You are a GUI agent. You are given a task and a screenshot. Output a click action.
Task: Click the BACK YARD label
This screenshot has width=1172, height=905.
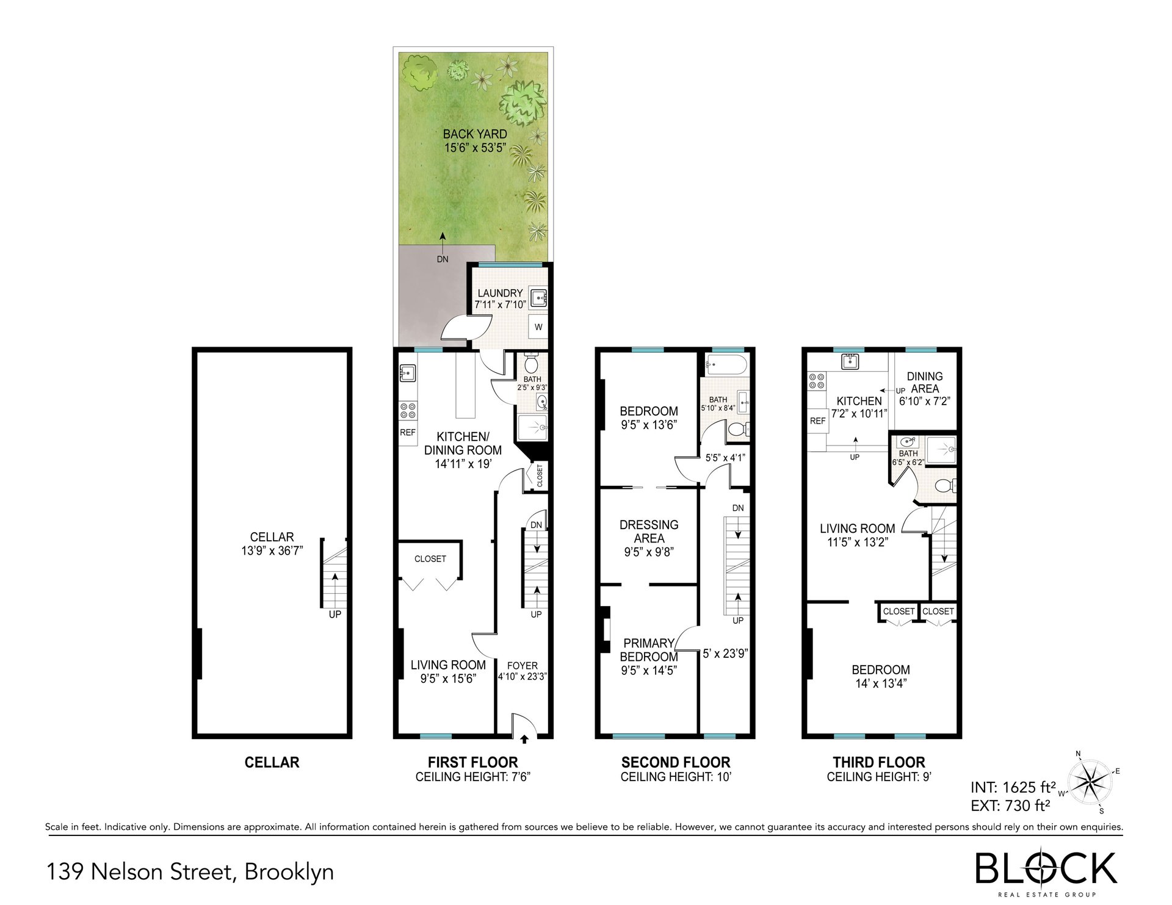(475, 134)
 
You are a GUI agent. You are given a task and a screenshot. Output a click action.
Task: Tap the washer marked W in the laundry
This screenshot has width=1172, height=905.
(538, 327)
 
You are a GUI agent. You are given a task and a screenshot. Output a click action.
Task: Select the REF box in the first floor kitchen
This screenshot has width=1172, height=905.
(408, 432)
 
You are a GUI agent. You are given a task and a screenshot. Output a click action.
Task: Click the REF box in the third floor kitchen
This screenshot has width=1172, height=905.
(817, 421)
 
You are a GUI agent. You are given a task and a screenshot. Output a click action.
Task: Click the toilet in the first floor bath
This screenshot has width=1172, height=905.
(530, 364)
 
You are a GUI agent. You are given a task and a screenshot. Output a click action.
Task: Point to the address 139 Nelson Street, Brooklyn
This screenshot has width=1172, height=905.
(190, 871)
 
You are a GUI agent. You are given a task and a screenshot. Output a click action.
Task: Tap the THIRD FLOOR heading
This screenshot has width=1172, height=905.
(879, 762)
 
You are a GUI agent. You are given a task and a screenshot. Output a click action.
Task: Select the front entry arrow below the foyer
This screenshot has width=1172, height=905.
(524, 740)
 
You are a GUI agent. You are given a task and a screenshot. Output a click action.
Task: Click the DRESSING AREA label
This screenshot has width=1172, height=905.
(649, 532)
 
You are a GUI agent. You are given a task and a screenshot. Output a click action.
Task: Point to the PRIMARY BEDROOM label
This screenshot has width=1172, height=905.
(649, 650)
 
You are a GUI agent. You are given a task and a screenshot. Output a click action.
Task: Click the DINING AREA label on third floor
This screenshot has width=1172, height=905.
(925, 383)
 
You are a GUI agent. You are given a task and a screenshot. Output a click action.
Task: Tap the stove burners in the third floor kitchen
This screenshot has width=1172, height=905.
(817, 382)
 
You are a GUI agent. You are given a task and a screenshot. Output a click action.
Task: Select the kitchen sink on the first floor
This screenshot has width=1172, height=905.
(407, 372)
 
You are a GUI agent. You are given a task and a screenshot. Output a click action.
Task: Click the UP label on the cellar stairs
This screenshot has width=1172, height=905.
(335, 615)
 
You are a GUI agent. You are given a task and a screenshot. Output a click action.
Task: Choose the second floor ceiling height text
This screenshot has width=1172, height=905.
(676, 777)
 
